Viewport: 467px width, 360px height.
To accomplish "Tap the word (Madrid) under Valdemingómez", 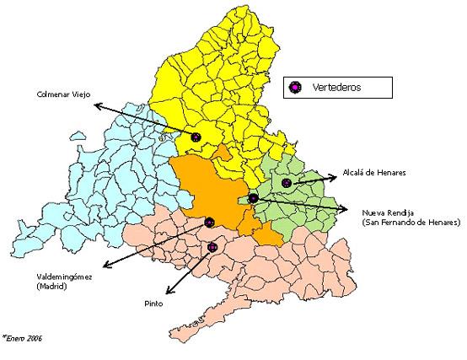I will pyautogui.click(x=53, y=287).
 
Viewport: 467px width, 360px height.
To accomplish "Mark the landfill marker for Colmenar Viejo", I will pyautogui.click(x=196, y=137).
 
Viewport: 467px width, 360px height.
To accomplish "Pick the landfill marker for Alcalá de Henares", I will pyautogui.click(x=287, y=182).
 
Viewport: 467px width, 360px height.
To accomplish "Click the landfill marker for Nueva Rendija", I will pyautogui.click(x=253, y=198).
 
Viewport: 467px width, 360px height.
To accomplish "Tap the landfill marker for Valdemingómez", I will pyautogui.click(x=210, y=223).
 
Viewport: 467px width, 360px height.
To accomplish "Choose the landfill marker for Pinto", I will pyautogui.click(x=212, y=247).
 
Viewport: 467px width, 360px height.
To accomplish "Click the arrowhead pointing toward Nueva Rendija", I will pyautogui.click(x=346, y=210).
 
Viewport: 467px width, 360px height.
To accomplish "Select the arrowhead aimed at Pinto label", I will pyautogui.click(x=169, y=293).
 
